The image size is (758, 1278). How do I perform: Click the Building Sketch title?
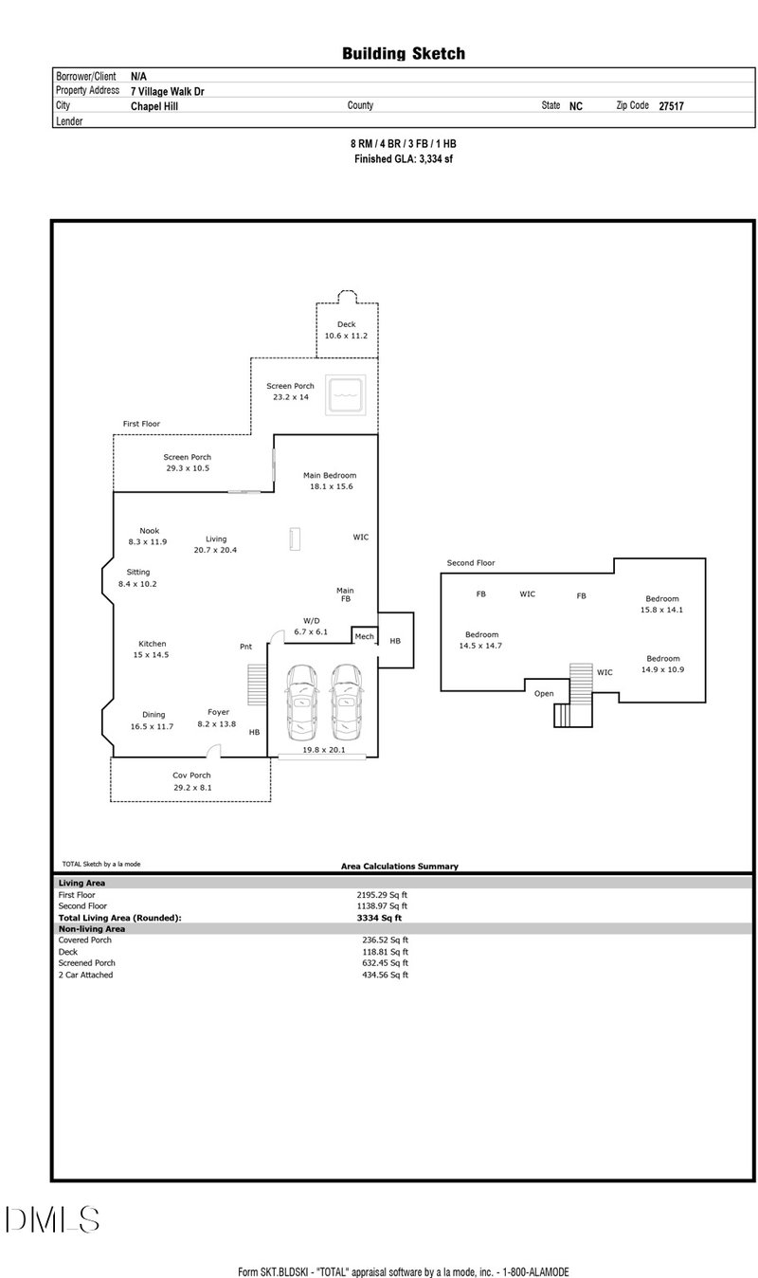pos(404,54)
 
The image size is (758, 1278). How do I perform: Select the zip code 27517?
pos(671,107)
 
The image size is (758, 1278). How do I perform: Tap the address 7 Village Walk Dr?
pos(167,92)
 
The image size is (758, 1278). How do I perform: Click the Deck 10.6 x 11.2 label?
pos(346,331)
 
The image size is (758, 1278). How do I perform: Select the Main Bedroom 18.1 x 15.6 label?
pos(330,481)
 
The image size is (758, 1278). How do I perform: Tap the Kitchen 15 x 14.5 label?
pos(153,649)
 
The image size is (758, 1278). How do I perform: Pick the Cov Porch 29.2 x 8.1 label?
pos(191,781)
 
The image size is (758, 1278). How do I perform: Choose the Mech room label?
pos(365,636)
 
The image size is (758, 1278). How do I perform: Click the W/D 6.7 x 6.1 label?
pos(310,626)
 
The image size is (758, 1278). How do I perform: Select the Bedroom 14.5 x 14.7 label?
pos(480,640)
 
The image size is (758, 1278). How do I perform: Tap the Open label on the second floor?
pos(544,693)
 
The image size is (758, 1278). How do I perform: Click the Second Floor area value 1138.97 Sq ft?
pos(382,905)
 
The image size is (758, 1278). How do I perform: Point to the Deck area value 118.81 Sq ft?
pos(382,952)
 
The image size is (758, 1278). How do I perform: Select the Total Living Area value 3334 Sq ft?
pos(379,918)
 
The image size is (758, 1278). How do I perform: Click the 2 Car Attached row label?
pos(85,975)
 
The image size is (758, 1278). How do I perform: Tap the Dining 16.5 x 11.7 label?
pos(153,721)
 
